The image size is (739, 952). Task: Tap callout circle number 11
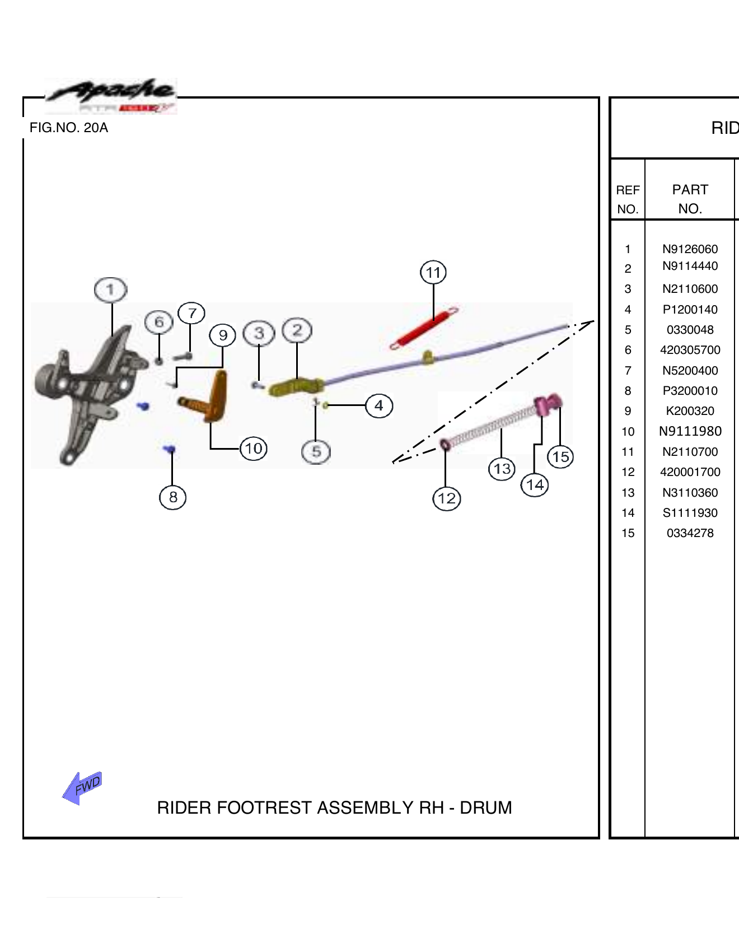pos(433,273)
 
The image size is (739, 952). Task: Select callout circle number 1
pos(110,290)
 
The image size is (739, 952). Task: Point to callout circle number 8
pos(172,497)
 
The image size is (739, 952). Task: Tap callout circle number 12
pos(446,498)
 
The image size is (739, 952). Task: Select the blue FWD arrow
pos(82,787)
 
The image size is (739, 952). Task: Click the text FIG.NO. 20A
pos(69,128)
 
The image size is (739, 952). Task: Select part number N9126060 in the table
pos(690,249)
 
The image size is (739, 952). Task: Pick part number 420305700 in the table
pos(690,350)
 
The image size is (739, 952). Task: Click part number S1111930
pos(690,513)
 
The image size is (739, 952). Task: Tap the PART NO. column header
pos(690,199)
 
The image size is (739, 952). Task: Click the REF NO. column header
pos(628,199)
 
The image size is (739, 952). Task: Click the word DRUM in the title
pos(485,808)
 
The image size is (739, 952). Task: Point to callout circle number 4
pos(379,405)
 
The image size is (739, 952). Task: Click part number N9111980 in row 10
pos(690,431)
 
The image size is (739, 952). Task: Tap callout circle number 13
pos(502,468)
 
